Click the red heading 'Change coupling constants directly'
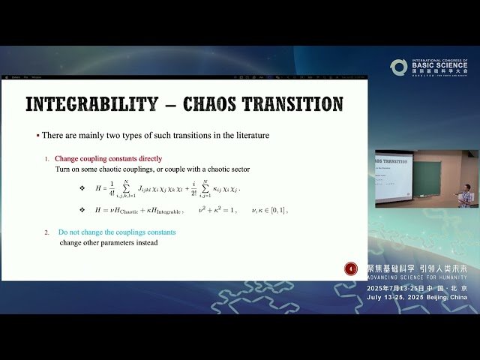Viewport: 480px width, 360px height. pos(108,159)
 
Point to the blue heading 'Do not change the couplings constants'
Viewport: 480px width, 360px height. pos(117,232)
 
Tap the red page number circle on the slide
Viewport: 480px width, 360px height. pos(350,268)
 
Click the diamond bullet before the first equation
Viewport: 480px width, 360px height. pos(82,187)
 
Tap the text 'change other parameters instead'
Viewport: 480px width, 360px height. pos(109,243)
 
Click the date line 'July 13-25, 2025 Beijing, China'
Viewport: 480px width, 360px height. pos(416,297)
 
